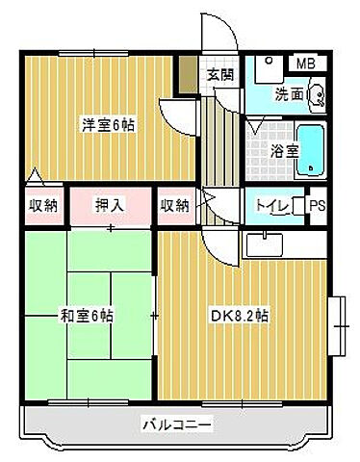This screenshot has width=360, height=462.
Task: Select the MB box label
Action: coord(304,64)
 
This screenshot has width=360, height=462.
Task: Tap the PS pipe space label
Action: coord(317,204)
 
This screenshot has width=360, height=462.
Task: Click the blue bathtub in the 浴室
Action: coord(311,150)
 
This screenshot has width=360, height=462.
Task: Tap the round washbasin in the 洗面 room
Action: coord(317,95)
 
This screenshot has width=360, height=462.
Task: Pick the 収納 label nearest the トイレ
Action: coord(174,204)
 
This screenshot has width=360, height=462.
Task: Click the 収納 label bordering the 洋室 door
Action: coord(42,204)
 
